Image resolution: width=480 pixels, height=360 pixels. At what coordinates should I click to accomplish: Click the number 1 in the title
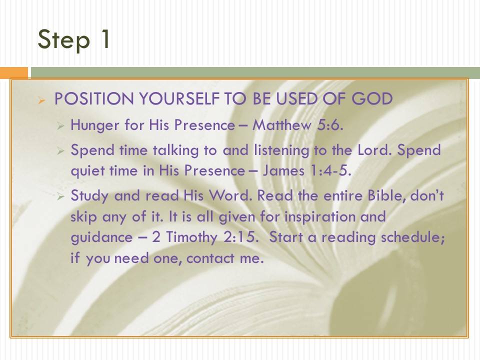pos(105,38)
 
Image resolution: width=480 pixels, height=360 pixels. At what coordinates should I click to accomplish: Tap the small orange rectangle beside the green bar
pos(14,73)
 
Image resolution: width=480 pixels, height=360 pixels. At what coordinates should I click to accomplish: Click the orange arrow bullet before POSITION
pos(41,100)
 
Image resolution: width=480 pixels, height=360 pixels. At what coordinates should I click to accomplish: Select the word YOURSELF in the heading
pos(179,99)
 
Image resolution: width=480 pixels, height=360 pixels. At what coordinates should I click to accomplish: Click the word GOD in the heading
pos(371,99)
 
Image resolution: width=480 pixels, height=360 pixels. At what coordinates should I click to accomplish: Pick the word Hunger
pos(95,125)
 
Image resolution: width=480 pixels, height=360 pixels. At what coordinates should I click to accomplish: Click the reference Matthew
pos(282,125)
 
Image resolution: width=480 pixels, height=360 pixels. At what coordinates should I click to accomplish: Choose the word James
pos(283,170)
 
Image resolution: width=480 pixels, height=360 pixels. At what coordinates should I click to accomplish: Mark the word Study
pos(89,196)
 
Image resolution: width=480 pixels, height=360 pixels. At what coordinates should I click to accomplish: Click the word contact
pos(210,258)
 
